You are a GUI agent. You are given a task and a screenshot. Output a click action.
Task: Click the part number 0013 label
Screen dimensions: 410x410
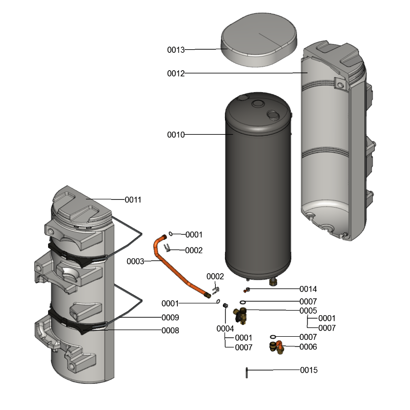[176, 50]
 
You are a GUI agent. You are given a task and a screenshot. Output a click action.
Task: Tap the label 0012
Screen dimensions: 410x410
[176, 73]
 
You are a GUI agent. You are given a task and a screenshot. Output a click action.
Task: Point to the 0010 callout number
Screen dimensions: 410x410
[176, 135]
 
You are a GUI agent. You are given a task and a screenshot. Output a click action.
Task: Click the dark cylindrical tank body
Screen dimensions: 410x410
[258, 184]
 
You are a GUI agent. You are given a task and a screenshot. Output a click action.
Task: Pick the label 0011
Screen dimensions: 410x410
[133, 199]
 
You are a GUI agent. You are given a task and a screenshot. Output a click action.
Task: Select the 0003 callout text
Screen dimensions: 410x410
[135, 261]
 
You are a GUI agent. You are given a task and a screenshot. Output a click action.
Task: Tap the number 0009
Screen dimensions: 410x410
[170, 317]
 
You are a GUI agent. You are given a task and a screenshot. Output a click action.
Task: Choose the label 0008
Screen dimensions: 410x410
[170, 331]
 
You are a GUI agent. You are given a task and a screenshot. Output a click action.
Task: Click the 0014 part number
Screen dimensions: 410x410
[309, 289]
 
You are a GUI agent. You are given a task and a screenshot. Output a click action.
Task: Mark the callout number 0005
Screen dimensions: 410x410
[309, 311]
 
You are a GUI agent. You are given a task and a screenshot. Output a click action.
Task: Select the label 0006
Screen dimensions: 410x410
[309, 347]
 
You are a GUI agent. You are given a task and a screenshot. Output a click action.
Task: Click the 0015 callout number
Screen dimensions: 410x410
[309, 370]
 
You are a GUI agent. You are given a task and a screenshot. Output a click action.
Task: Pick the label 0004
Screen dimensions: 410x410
[225, 329]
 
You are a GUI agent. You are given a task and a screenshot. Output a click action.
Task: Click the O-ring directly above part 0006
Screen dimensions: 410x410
[273, 337]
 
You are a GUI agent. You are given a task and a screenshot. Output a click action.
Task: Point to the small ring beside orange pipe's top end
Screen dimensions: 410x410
[171, 234]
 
